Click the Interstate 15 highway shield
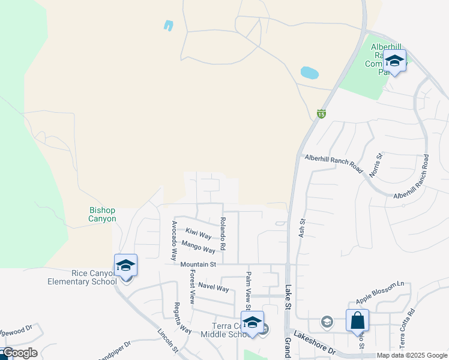322,113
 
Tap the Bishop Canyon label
102,215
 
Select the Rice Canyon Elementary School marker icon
126,266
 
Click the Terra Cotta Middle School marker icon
252,322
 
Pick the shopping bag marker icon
358,320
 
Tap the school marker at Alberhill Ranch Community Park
394,61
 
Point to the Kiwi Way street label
198,233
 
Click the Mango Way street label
198,246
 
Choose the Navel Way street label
214,287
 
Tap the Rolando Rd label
223,234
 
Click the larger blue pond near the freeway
309,73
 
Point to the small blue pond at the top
168,26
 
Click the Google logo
19,353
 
